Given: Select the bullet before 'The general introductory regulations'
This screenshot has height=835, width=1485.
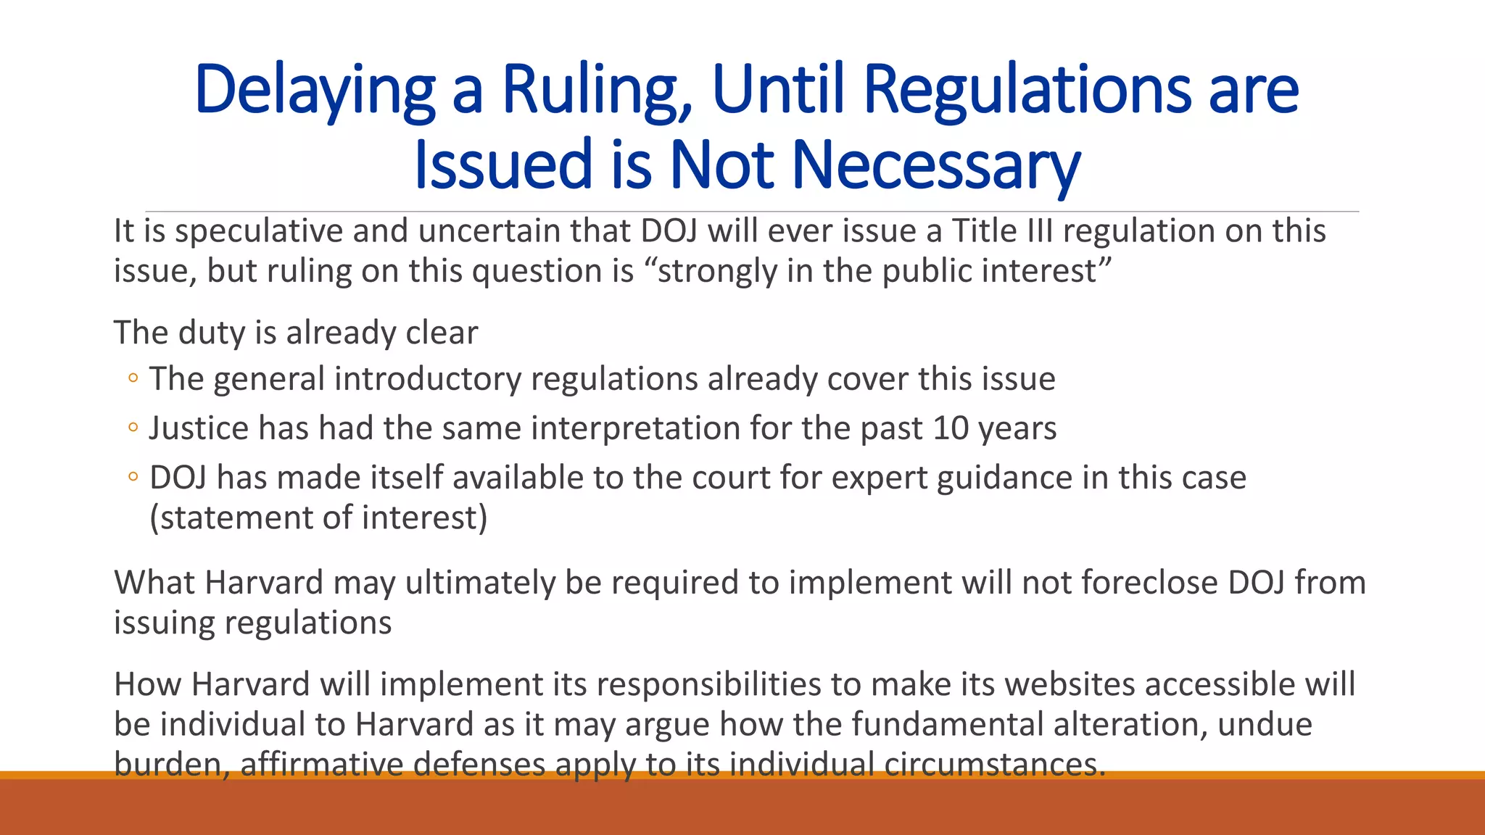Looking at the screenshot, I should pyautogui.click(x=132, y=378).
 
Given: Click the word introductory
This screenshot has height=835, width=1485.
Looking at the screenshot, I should pyautogui.click(x=428, y=379).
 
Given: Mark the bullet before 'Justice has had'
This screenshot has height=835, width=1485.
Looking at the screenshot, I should pyautogui.click(x=132, y=428).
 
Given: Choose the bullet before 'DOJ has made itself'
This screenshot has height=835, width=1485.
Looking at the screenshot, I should pyautogui.click(x=132, y=477).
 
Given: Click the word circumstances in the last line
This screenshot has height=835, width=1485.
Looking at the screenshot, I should pyautogui.click(x=994, y=764).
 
